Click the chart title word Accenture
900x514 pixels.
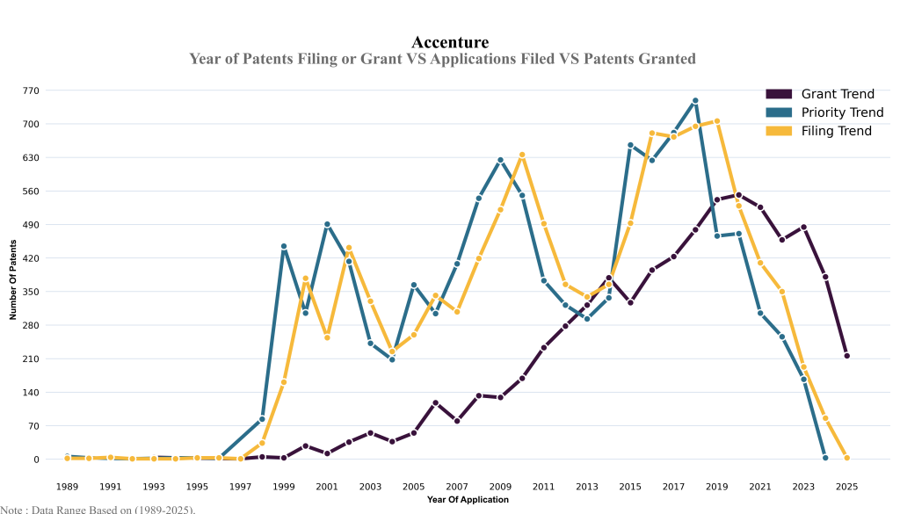click(449, 42)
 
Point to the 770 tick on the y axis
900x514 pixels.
click(32, 90)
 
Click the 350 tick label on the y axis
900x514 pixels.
click(32, 292)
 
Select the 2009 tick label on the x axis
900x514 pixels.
click(500, 486)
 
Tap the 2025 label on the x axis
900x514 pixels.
click(847, 486)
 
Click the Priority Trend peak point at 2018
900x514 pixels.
click(695, 101)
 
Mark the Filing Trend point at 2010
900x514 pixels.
click(522, 155)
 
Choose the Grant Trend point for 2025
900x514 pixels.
click(847, 356)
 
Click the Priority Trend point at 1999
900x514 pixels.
click(284, 247)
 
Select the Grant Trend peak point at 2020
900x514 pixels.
click(738, 195)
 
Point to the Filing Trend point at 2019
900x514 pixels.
click(717, 121)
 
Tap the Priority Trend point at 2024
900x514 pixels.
click(825, 458)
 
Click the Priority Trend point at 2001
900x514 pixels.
click(327, 224)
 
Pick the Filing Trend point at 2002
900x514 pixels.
click(349, 248)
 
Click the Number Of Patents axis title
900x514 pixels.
click(14, 274)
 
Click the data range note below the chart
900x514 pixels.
click(98, 509)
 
